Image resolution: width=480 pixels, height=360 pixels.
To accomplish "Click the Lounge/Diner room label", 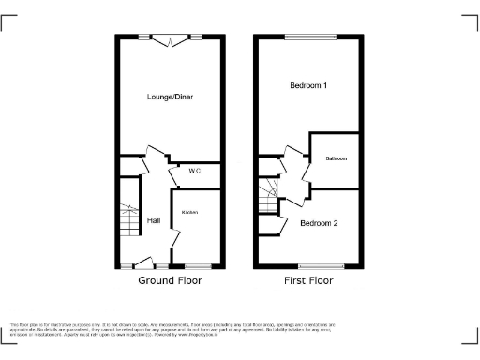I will click(x=171, y=97).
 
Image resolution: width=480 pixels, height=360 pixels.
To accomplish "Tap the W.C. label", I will click(x=195, y=172).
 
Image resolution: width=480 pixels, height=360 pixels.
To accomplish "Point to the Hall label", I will click(x=154, y=221).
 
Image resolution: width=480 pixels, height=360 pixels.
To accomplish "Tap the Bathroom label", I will click(x=337, y=158).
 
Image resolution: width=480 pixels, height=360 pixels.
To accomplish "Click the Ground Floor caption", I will click(x=170, y=280).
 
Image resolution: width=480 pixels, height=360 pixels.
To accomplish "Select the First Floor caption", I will click(x=308, y=280).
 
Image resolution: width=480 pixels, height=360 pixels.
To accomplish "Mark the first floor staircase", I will click(x=269, y=196).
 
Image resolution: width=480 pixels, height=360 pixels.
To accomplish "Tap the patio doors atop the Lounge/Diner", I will click(x=171, y=38).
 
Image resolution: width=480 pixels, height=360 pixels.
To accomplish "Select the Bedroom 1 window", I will click(x=308, y=37).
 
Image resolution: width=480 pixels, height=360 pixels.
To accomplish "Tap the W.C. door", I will click(x=174, y=174).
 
